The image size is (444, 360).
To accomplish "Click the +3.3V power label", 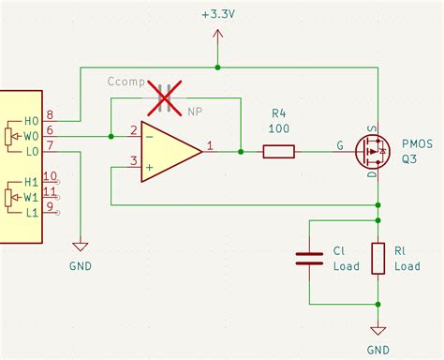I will click(218, 15).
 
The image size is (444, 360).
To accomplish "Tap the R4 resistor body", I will click(278, 150).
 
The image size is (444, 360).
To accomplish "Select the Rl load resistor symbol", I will click(378, 259).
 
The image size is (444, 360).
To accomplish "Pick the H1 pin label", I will click(31, 182).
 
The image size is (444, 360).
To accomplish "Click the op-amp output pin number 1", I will click(210, 144).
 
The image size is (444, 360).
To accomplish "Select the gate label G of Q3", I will click(339, 145).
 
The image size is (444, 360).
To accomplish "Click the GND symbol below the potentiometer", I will click(81, 247).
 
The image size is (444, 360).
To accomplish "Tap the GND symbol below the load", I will click(378, 330).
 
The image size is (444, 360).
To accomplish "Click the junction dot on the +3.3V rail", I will click(218, 67).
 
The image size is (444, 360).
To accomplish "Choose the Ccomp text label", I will click(126, 82).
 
